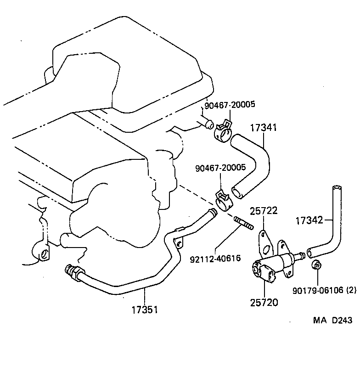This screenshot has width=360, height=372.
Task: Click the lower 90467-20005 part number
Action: [x=220, y=168]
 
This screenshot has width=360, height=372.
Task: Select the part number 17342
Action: [x=309, y=220]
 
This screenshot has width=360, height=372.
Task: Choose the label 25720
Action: [x=264, y=303]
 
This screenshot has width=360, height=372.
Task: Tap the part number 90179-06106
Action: [x=318, y=290]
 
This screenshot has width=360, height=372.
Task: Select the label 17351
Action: [x=144, y=309]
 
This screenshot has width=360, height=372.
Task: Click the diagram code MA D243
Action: [x=333, y=320]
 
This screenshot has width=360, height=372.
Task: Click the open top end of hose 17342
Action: [x=337, y=188]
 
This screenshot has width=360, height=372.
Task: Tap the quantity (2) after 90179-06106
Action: [x=351, y=290]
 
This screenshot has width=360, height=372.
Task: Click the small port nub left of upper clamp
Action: [x=208, y=123]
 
